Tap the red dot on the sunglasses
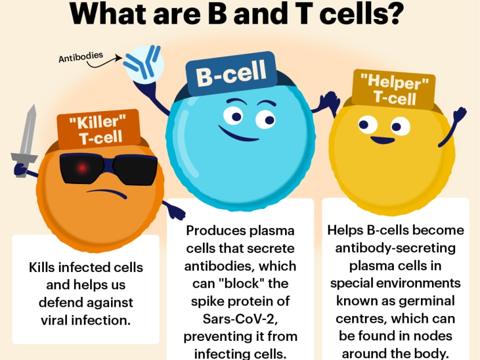tap(82, 168)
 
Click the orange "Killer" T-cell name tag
tap(98, 129)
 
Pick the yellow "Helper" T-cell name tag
tap(394, 90)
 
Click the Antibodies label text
tap(81, 57)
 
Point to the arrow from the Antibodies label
tap(104, 62)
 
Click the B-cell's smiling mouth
tap(239, 134)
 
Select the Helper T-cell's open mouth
tap(383, 140)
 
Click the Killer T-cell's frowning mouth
tap(106, 193)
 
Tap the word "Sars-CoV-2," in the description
tap(240, 319)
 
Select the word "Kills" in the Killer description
tap(41, 267)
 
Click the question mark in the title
tap(392, 13)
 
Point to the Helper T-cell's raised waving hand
tap(459, 114)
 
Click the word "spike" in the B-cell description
tap(206, 302)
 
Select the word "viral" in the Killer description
tap(54, 321)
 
